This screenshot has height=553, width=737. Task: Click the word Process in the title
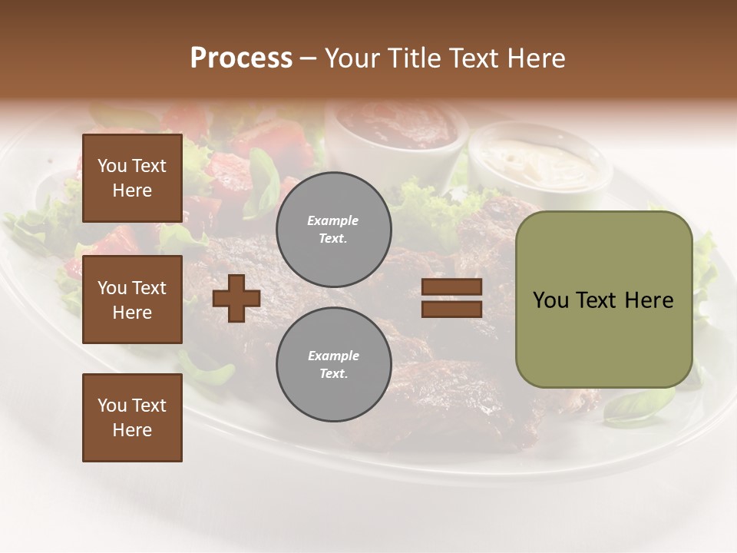tap(241, 58)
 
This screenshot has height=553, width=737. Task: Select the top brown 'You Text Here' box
tap(132, 178)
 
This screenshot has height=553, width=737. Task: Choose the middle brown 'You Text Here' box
tap(132, 300)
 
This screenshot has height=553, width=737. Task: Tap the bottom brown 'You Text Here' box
tap(132, 418)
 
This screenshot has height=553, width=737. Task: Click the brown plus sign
tap(236, 298)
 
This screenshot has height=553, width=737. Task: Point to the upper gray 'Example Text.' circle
tap(333, 230)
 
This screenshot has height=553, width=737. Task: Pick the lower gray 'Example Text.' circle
tap(333, 365)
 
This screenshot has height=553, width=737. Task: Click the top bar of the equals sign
tap(451, 287)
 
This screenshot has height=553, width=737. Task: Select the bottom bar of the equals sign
tap(451, 309)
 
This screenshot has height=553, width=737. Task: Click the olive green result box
tap(603, 300)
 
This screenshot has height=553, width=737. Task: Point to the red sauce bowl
tap(397, 127)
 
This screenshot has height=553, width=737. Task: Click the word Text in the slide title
tap(473, 58)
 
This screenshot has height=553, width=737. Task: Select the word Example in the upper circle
tap(333, 220)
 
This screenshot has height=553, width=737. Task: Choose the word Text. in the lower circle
tap(333, 374)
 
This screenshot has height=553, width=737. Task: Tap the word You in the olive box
tap(550, 300)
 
